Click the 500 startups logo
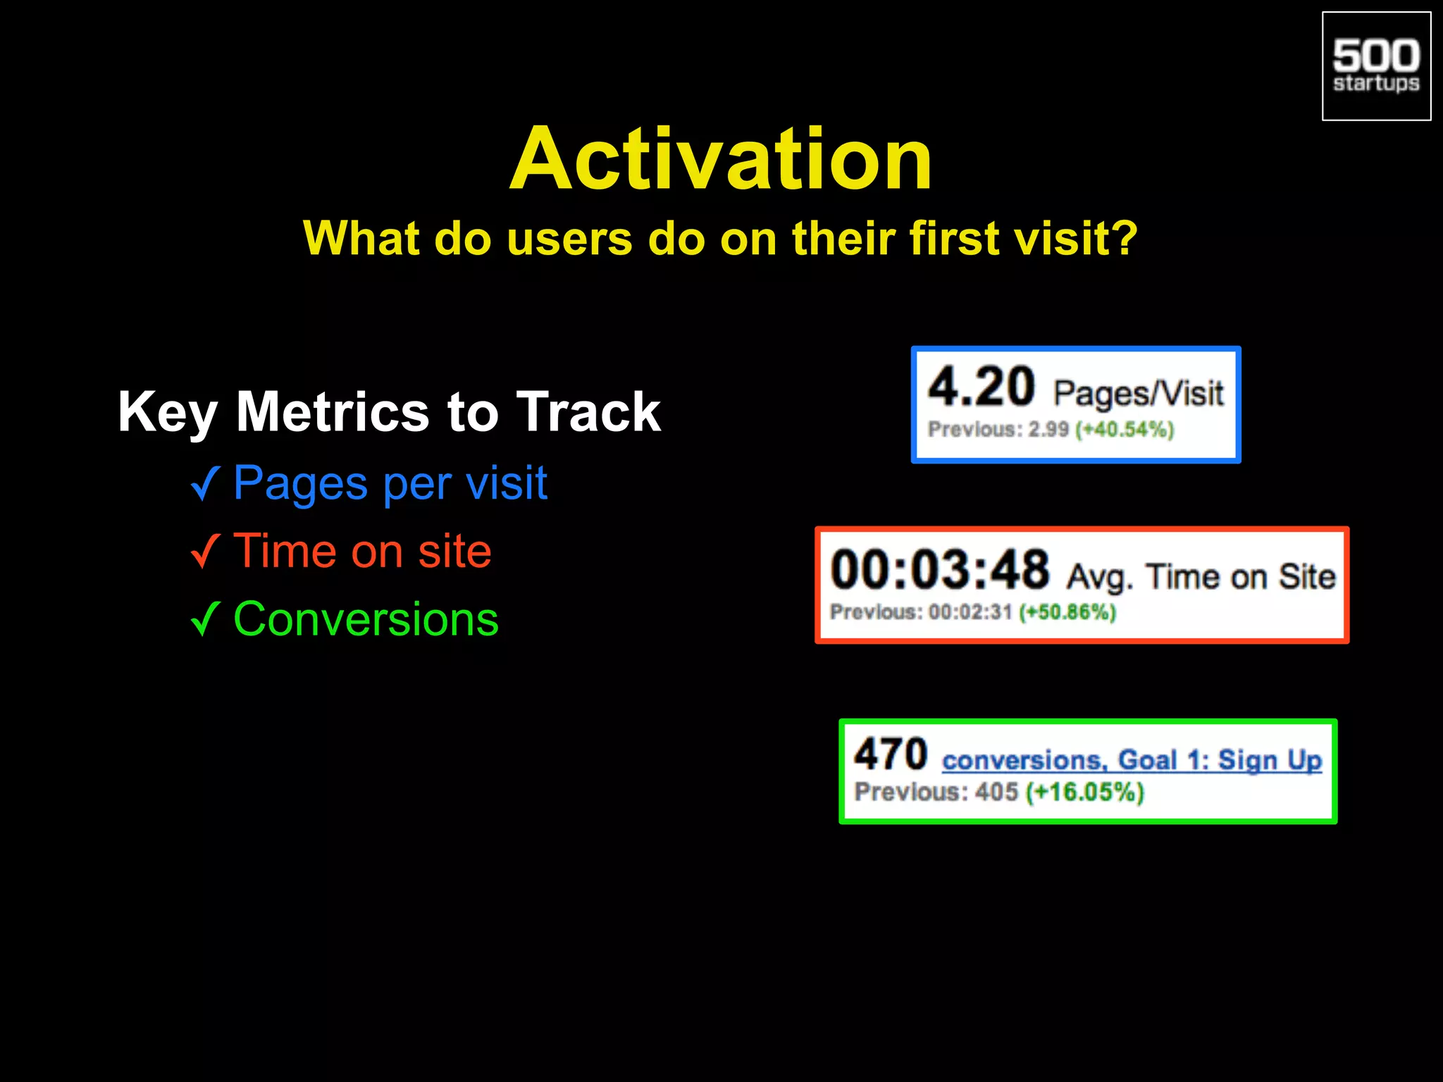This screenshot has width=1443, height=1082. coord(1375,66)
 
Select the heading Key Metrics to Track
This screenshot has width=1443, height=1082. coord(389,411)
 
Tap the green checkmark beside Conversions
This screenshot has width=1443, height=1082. coord(205,618)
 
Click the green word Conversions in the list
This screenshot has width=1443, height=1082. coord(366,619)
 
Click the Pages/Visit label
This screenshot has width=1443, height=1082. coord(1138,393)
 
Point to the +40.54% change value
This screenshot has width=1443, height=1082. coord(1125,429)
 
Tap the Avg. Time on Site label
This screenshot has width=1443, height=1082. coord(1201,577)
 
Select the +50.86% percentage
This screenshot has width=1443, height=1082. coord(1067,611)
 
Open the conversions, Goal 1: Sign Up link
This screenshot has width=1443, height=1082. coord(1132,760)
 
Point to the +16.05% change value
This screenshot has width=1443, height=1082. coord(1084,792)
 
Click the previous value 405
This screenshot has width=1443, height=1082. coord(996,792)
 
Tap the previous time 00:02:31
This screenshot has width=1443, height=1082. coord(970,611)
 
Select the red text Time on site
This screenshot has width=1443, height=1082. coord(362,551)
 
